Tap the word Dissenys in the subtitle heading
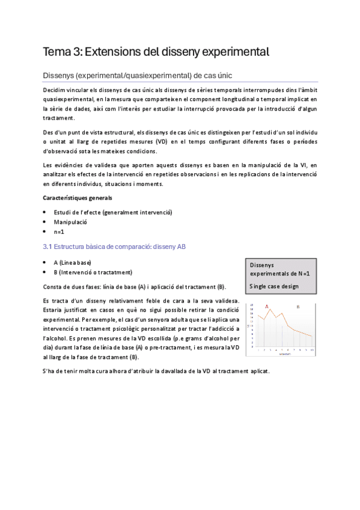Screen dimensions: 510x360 tap(60, 76)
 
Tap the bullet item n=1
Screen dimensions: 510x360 tap(59, 232)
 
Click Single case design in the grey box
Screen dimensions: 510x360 tap(273, 286)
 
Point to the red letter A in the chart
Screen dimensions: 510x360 tap(266, 307)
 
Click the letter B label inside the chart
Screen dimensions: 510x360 tap(297, 307)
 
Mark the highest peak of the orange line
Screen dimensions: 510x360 tap(270, 310)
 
